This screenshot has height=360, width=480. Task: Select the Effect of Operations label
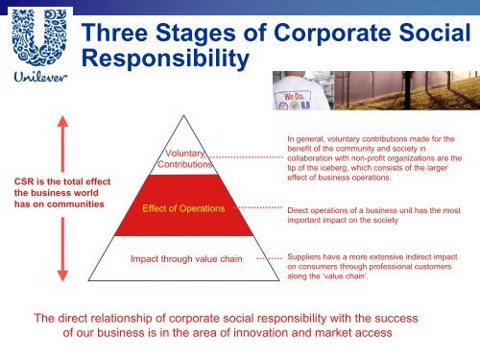pyautogui.click(x=183, y=207)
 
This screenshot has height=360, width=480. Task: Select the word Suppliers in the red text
pyautogui.click(x=308, y=258)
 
